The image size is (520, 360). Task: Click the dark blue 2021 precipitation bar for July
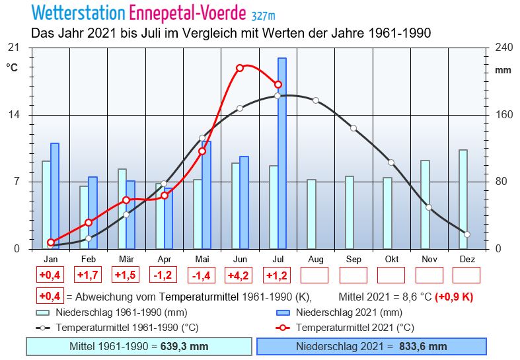coord(282,153)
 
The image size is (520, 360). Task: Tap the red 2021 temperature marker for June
coord(240,68)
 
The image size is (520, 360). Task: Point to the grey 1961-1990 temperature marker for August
coord(316,100)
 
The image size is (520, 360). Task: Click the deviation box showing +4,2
coord(239,275)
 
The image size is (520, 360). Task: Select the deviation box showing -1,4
coord(201,275)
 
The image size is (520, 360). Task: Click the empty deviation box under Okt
coord(390,275)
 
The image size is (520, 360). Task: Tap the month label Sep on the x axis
coord(353,259)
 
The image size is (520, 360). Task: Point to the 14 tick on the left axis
coord(20,115)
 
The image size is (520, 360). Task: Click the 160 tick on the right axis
coord(504,115)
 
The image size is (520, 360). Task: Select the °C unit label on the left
coord(12,67)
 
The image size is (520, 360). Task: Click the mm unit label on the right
coord(503,70)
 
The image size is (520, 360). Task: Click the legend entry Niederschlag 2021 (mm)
coord(348,312)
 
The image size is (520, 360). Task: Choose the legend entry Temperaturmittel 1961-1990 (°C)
coord(127,328)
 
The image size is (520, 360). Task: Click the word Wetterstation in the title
coord(78,13)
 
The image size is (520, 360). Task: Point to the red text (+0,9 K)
coord(454,297)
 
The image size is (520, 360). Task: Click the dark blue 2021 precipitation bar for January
coord(55,196)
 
